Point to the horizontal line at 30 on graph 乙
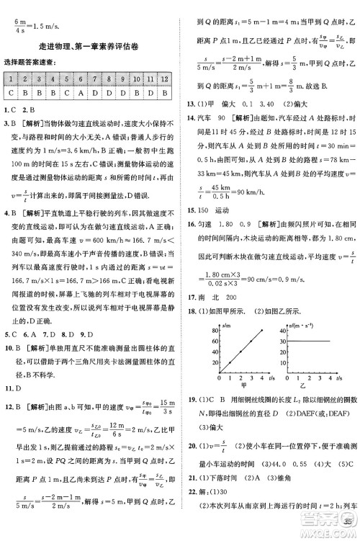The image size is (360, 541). [317, 341]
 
